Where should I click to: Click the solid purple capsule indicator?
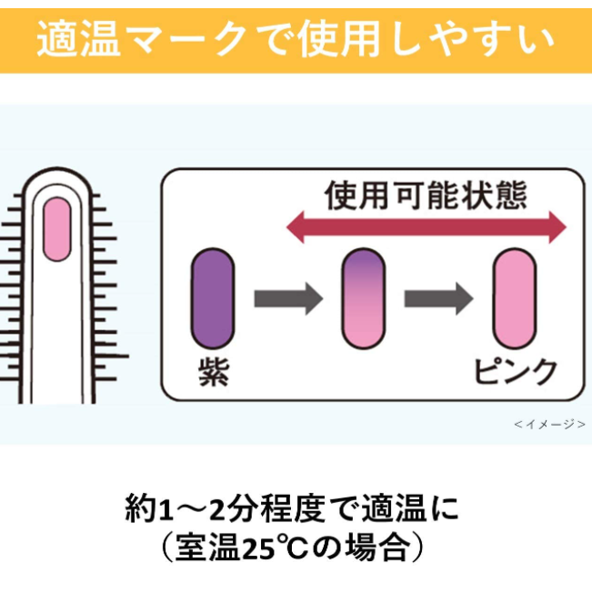click(213, 301)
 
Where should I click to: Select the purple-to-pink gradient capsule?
click(363, 299)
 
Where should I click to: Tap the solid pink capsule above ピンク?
click(515, 299)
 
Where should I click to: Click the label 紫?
click(213, 371)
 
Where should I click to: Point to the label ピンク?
click(515, 371)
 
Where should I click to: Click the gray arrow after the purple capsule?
click(288, 299)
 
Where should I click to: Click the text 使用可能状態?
click(426, 195)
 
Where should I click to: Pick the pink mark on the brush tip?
click(57, 231)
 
